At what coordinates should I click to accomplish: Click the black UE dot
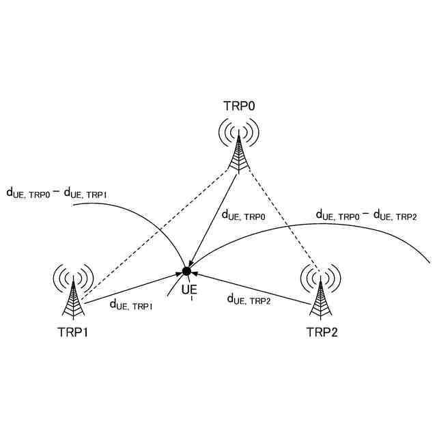click(x=186, y=272)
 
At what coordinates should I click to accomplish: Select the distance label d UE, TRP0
click(x=244, y=214)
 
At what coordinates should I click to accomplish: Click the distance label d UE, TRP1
click(x=131, y=305)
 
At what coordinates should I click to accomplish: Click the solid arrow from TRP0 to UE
click(x=213, y=219)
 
